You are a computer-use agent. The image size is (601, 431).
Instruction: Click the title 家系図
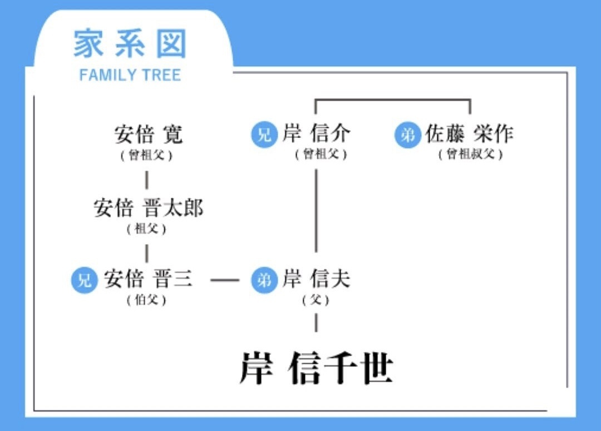click(130, 44)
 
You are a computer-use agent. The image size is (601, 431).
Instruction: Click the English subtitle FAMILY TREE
click(130, 75)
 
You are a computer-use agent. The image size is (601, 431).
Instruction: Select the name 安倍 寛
click(149, 134)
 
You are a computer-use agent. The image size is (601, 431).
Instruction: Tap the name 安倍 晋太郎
click(149, 207)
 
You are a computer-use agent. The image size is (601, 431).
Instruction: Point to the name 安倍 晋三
click(148, 279)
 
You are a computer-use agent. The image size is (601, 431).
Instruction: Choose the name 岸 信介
click(317, 133)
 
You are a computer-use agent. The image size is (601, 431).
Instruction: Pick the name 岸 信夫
click(317, 279)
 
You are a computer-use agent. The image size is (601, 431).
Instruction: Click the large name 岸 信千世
click(317, 368)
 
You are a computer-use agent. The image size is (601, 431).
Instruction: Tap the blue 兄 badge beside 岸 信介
click(264, 135)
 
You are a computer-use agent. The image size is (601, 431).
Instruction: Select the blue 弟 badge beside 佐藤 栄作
click(407, 135)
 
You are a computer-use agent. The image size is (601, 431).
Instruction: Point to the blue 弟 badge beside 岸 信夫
click(264, 280)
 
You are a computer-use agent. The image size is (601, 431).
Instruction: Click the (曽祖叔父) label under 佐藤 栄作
click(470, 154)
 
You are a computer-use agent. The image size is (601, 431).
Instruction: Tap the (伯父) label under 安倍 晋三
click(146, 300)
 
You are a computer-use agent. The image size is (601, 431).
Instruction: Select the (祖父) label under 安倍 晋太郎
click(146, 229)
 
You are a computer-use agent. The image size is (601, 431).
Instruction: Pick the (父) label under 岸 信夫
click(316, 300)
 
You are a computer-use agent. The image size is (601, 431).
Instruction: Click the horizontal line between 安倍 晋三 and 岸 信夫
click(225, 280)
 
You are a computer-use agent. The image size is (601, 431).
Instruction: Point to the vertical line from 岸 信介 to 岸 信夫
click(316, 210)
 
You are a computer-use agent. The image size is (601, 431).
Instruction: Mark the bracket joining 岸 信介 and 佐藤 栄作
click(393, 100)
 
